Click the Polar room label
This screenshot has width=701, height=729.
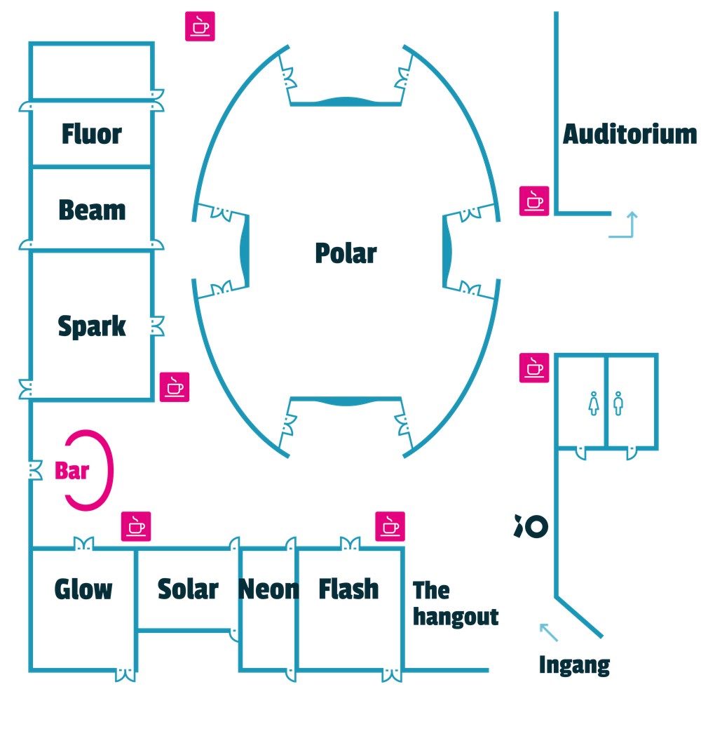[x=346, y=253]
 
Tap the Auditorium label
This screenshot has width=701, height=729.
[x=630, y=133]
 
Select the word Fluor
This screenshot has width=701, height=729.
[x=91, y=134]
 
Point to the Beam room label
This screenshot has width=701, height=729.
[x=92, y=210]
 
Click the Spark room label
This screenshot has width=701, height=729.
[x=92, y=326]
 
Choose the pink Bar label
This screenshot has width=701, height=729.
[x=72, y=471]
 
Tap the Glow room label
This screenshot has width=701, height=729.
[x=83, y=588]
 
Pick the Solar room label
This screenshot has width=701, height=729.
[x=187, y=588]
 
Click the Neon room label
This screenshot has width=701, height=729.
[x=268, y=588]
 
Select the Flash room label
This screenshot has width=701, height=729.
[x=348, y=588]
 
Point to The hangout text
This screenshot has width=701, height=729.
[x=455, y=603]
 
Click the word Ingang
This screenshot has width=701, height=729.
[x=573, y=664]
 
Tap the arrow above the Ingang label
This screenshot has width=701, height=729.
[x=550, y=632]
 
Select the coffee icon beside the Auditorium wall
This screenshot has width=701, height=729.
[x=534, y=201]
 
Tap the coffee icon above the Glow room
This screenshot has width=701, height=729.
[x=136, y=527]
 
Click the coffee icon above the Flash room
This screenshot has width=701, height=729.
[x=390, y=527]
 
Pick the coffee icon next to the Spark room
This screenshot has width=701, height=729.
[x=175, y=387]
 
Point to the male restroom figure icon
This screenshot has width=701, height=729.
[x=618, y=404]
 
